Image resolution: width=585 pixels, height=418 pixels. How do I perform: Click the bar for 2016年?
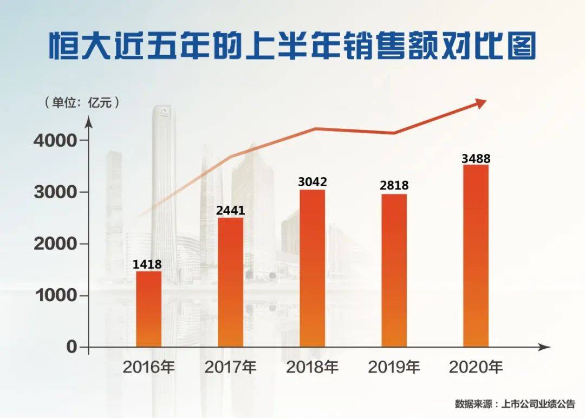(148, 309)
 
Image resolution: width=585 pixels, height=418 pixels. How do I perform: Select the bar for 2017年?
(230, 282)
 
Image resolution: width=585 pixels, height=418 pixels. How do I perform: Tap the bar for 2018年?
(313, 268)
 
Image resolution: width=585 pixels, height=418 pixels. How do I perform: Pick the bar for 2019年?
(394, 270)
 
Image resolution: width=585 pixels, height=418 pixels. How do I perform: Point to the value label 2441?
(230, 211)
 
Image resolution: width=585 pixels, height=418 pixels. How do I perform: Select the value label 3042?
(313, 182)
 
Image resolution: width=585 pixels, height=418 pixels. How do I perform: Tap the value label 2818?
(394, 186)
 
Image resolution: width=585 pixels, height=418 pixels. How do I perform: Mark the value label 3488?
(476, 159)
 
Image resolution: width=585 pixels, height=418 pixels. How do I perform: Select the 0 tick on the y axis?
(71, 347)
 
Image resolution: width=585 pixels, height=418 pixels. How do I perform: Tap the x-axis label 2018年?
(312, 368)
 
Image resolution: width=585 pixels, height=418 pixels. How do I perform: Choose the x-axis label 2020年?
(476, 368)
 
